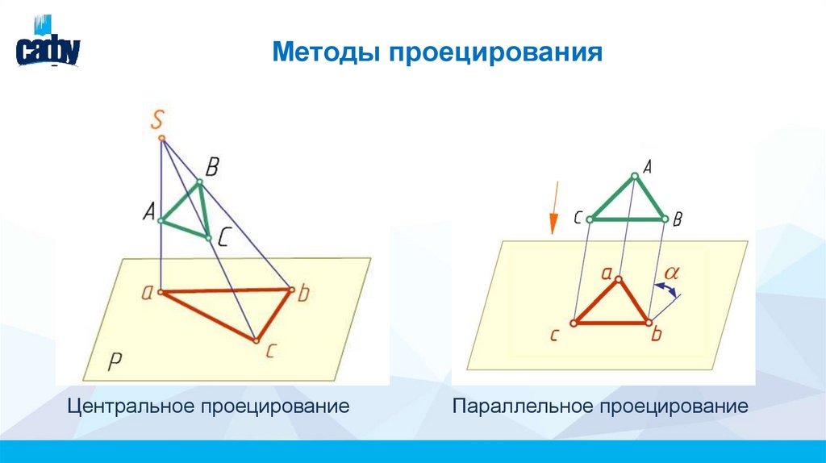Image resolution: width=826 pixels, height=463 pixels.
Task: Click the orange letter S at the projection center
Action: click(x=158, y=120)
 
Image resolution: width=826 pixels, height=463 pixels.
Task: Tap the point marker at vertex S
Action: click(x=162, y=139)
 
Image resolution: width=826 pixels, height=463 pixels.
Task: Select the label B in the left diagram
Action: click(x=212, y=168)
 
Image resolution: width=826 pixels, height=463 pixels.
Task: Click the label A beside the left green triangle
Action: click(x=148, y=212)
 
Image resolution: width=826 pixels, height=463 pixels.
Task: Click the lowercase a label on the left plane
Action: click(x=148, y=292)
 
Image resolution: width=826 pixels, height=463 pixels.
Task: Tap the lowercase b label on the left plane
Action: click(x=303, y=293)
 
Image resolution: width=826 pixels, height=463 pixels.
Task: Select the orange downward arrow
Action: click(x=553, y=215)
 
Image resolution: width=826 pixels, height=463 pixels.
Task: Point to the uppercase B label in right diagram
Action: click(x=678, y=219)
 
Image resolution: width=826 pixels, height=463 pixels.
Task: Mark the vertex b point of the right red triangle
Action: click(x=649, y=322)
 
